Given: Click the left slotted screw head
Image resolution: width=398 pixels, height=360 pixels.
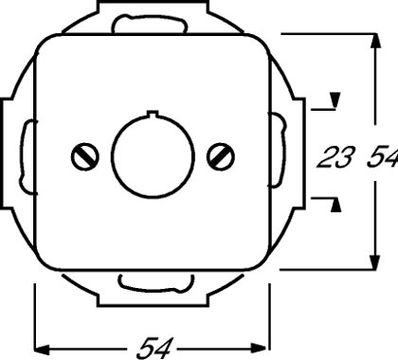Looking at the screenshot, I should click(82, 152).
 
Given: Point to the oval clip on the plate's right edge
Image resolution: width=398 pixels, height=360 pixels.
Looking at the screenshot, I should click(276, 151).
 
